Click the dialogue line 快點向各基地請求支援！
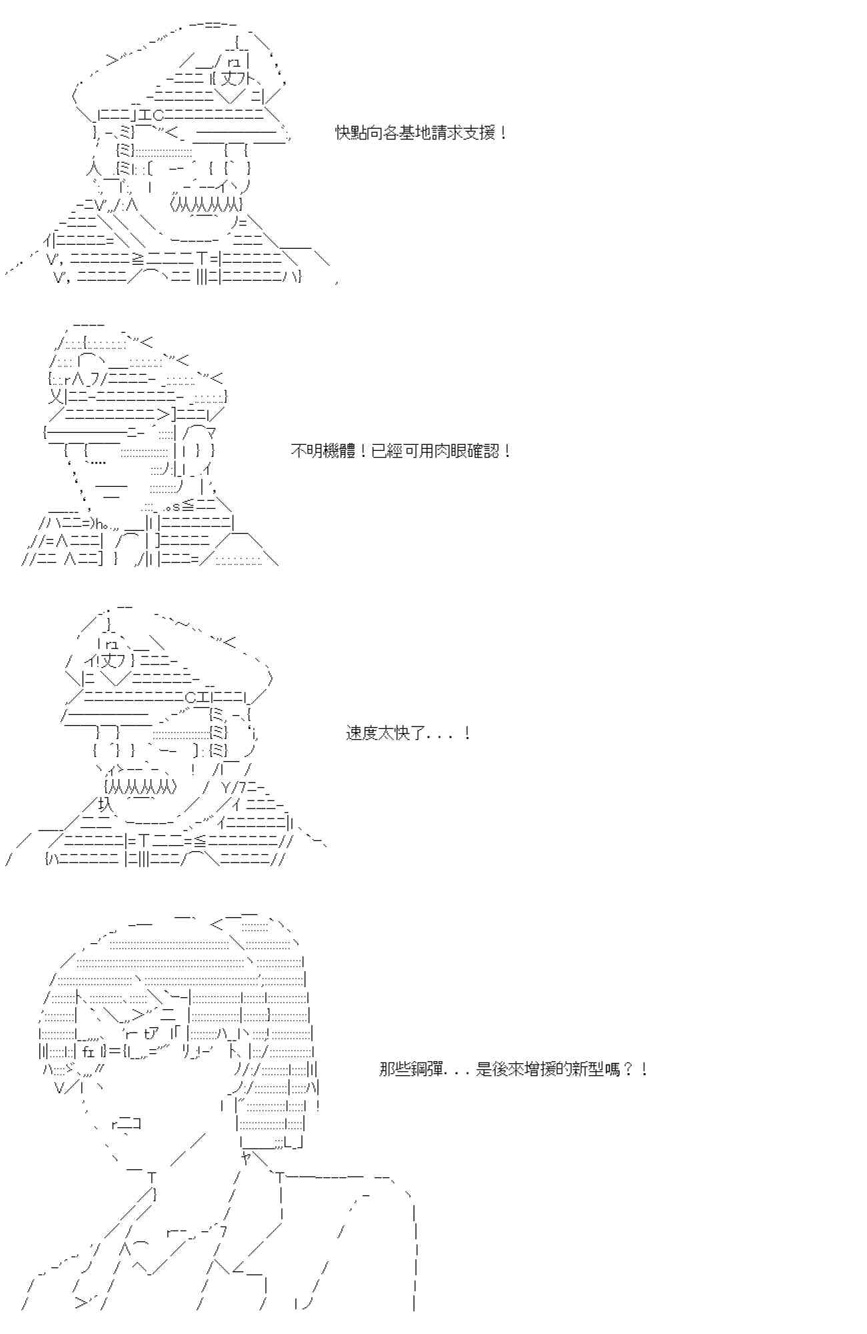point(421,133)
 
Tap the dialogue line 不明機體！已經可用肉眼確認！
point(401,451)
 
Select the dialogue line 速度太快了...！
point(408,734)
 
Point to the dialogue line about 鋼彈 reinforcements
point(512,1069)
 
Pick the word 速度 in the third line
point(362,734)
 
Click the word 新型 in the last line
point(587,1069)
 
